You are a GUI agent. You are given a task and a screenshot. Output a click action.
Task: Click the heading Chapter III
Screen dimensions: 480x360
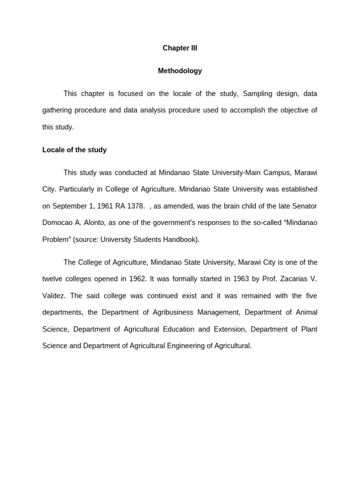click(x=180, y=48)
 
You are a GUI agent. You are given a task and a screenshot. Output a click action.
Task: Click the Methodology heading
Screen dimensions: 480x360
click(x=180, y=71)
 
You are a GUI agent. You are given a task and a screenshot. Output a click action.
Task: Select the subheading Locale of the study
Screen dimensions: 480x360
click(x=75, y=150)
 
